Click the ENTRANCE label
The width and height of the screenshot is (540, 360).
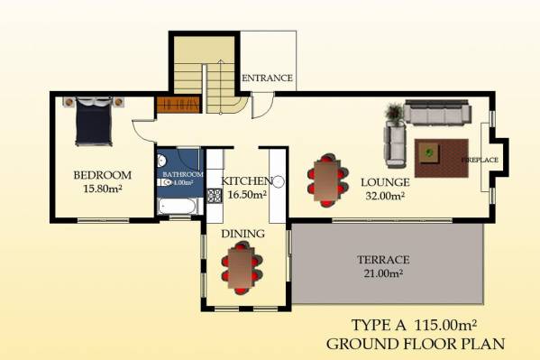[x=267, y=78]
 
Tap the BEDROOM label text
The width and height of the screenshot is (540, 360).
[x=102, y=175]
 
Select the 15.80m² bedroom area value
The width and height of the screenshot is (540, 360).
[x=103, y=189]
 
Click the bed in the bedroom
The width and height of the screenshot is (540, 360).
[x=94, y=122]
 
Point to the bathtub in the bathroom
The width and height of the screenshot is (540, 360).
[x=178, y=207]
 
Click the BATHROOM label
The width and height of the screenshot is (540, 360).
[x=183, y=174]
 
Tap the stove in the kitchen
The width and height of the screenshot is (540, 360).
[x=215, y=196]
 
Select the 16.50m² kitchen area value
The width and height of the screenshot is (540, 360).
[x=247, y=195]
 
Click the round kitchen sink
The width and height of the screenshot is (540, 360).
[x=279, y=181]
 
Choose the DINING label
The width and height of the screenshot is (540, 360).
[x=243, y=234]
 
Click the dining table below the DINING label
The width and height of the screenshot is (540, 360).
[x=242, y=268]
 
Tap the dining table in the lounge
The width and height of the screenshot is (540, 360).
[x=327, y=180]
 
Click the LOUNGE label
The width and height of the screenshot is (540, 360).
[x=385, y=182]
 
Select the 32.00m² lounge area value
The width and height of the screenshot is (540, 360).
[x=385, y=196]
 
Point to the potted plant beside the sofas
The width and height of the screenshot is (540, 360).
[x=394, y=114]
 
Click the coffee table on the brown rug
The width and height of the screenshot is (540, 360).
[x=429, y=152]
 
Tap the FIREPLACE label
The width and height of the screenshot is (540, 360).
[x=480, y=160]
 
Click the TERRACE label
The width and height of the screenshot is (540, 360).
[x=383, y=260]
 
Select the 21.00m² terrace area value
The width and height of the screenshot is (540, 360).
[x=384, y=273]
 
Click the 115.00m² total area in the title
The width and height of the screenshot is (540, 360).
[x=445, y=325]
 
